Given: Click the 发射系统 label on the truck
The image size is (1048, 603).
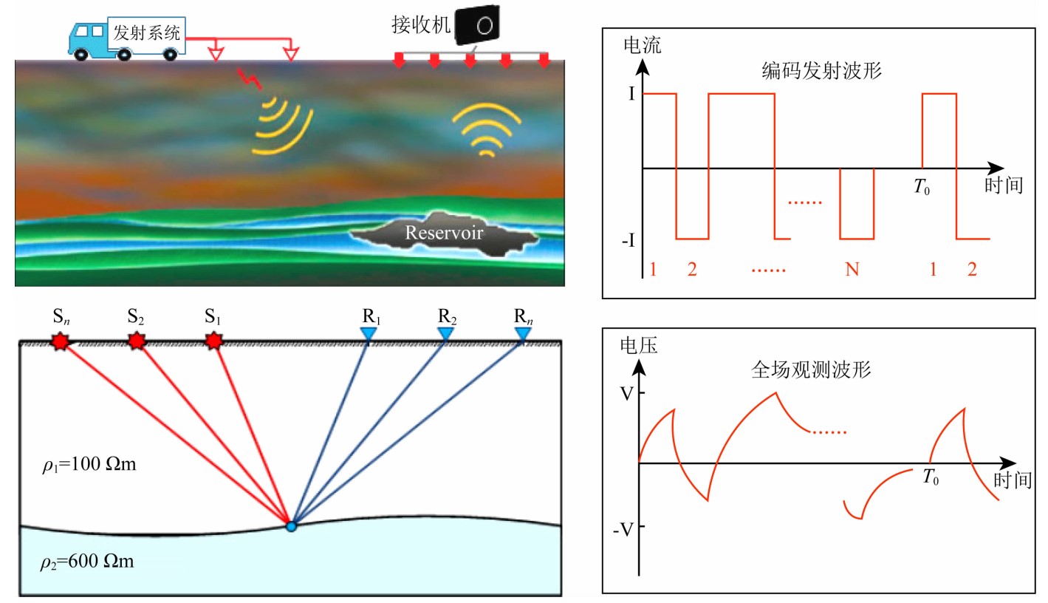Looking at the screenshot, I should coord(146,33).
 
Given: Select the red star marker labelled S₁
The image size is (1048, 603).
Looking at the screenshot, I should coord(213,341).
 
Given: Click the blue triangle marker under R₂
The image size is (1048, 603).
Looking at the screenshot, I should coord(445,334).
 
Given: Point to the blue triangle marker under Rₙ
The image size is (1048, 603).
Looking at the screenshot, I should coord(523,334).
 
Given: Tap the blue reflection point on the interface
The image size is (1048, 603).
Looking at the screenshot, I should coord(291,526).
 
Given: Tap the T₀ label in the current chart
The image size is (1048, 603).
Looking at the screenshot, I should coord(922,188).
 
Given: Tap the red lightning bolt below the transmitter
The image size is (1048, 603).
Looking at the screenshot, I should coord(244,76).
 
